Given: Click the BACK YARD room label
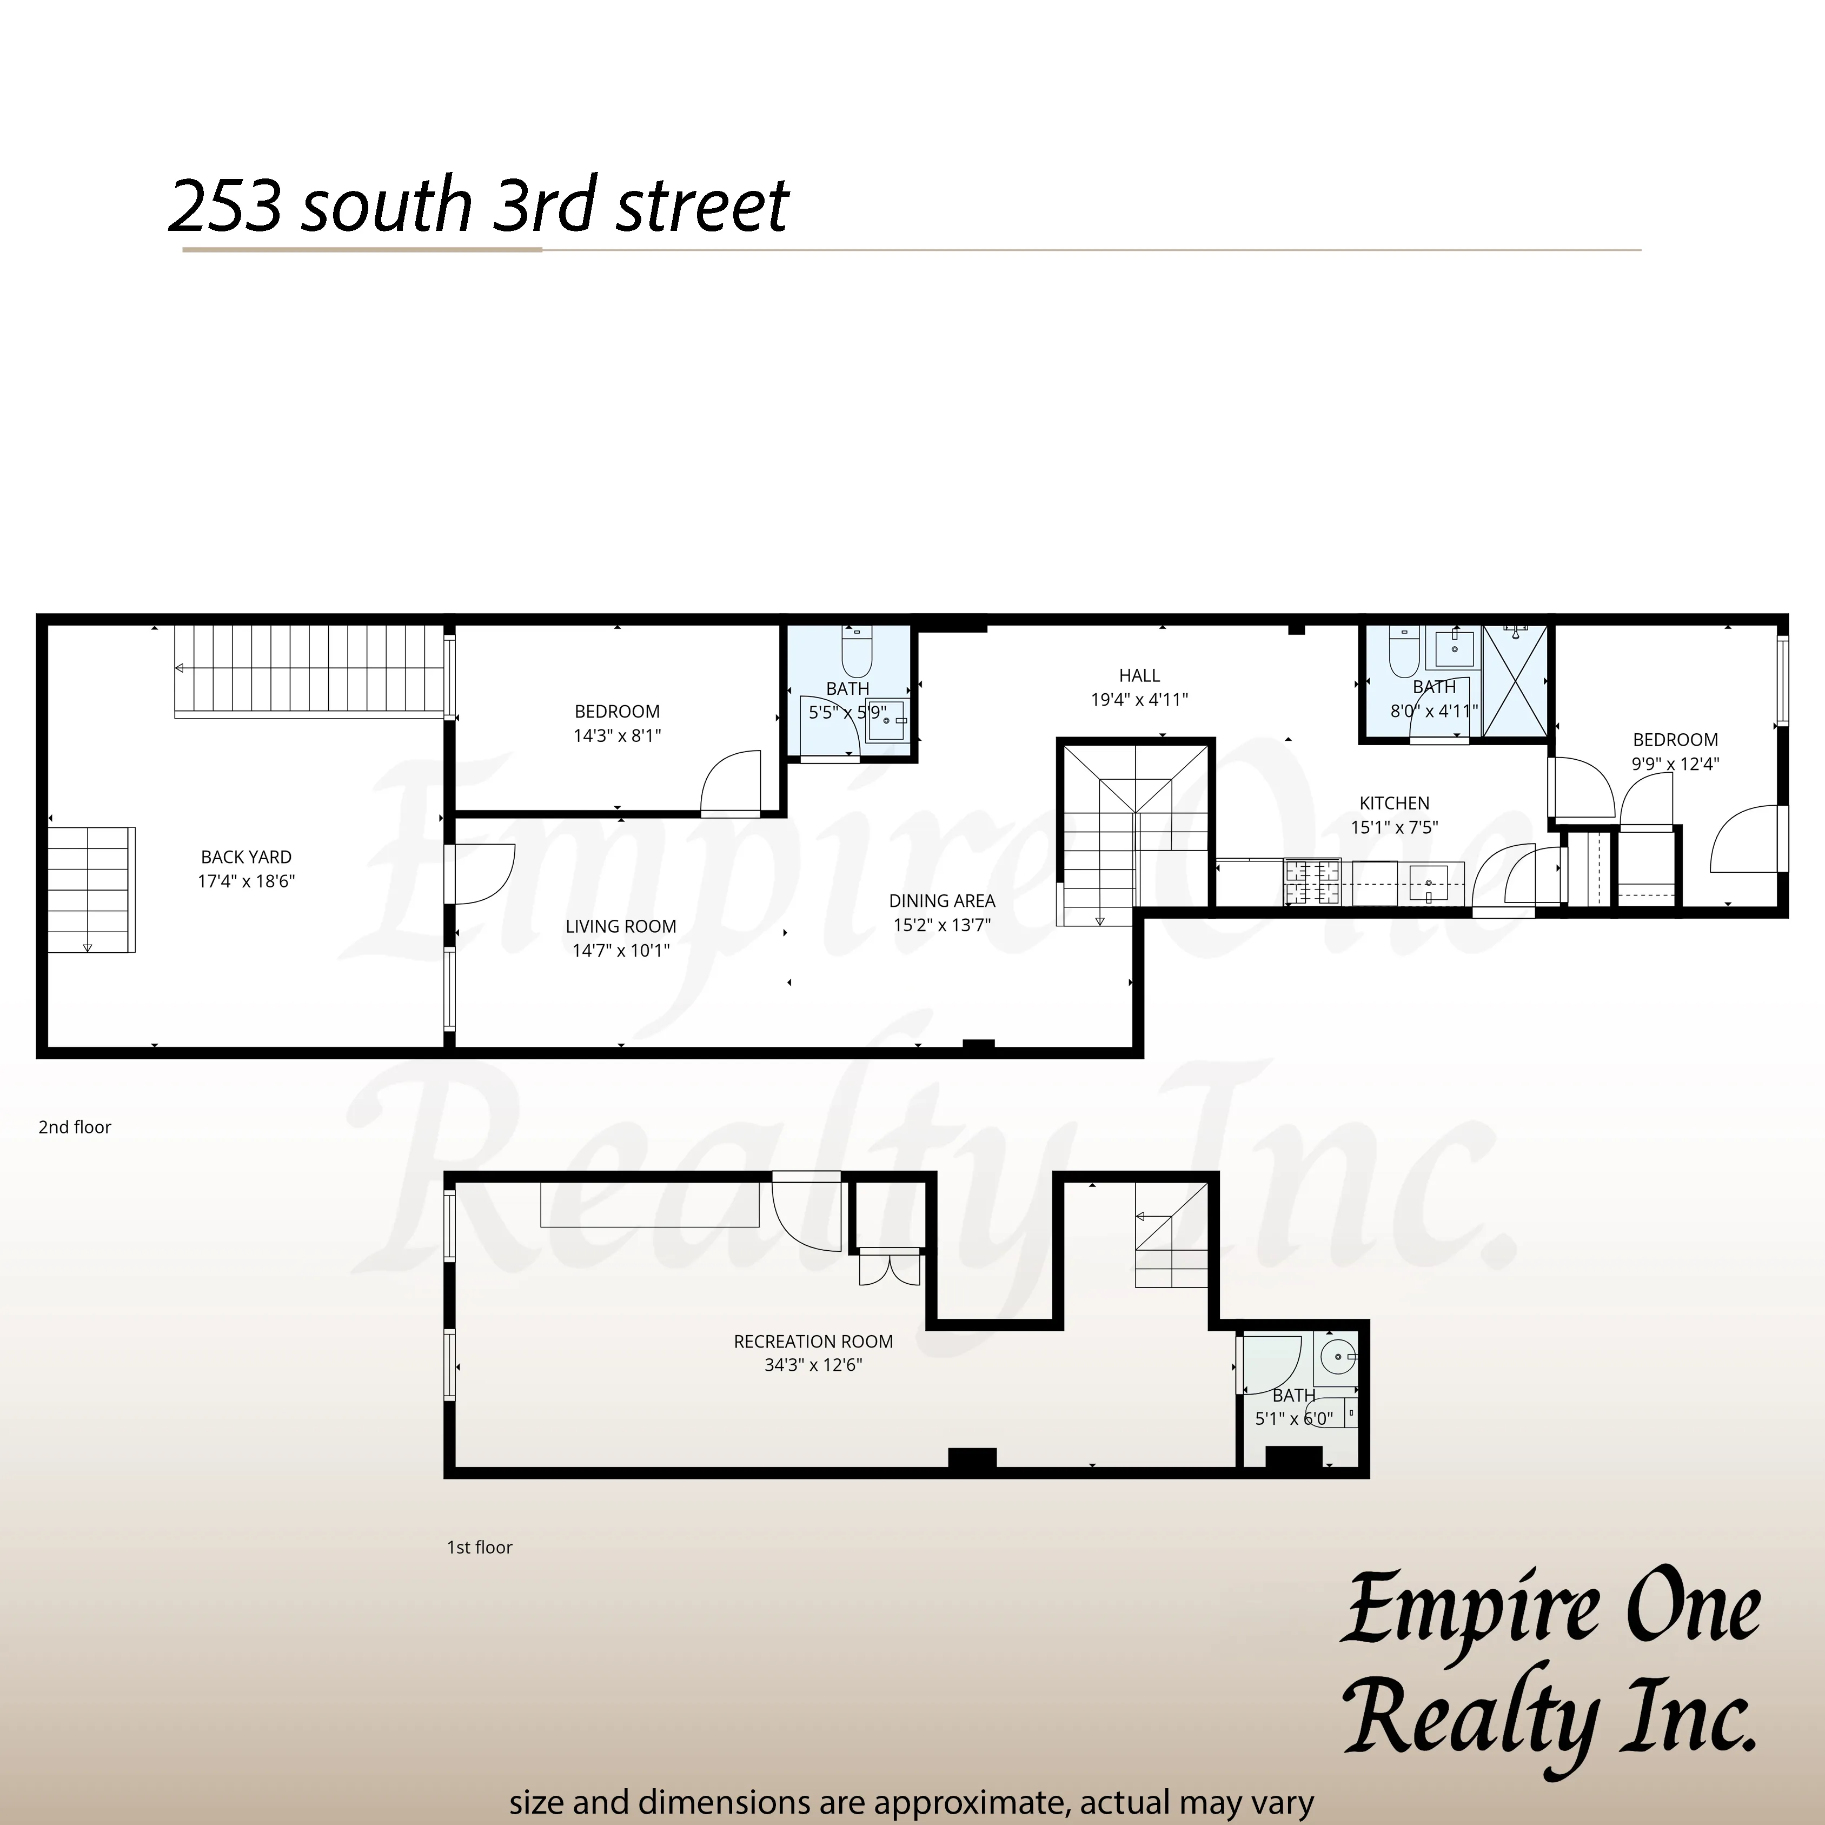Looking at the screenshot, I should click(x=245, y=857).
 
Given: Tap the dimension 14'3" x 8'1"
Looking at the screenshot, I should click(x=617, y=736).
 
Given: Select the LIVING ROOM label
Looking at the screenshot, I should click(x=621, y=927).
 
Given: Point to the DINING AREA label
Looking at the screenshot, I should click(x=942, y=901).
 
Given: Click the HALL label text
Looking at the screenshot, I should click(x=1139, y=675).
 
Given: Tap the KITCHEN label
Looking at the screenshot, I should click(x=1394, y=803).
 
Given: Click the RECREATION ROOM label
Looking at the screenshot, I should click(x=813, y=1342).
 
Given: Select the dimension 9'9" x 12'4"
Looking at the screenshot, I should click(x=1675, y=764).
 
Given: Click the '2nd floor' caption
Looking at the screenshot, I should click(x=75, y=1127).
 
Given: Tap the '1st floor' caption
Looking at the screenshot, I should click(x=480, y=1547).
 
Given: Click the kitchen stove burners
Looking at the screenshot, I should click(x=1312, y=882).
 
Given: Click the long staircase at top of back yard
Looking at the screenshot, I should click(x=310, y=671).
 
